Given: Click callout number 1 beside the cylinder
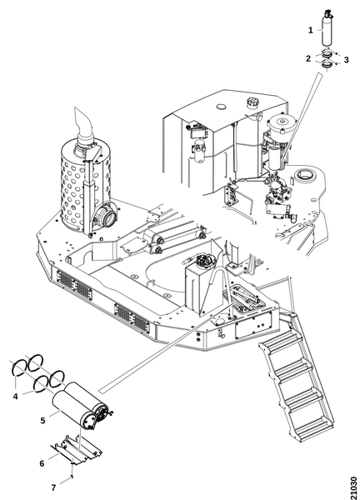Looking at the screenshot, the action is click(311, 30).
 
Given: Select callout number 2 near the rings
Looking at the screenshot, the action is click(308, 58).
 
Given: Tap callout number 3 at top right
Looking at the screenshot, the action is click(347, 60).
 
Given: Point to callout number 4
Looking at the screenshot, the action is click(15, 397).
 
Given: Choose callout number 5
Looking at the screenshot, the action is click(42, 421).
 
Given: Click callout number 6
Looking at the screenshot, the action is click(42, 463).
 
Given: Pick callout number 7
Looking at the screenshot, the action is click(53, 487).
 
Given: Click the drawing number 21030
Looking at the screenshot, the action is click(353, 487).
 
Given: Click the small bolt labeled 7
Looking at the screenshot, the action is click(72, 477).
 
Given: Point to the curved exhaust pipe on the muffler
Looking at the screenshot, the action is click(83, 125).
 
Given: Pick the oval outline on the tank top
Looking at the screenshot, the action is click(221, 106).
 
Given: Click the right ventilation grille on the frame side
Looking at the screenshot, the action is click(132, 317).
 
